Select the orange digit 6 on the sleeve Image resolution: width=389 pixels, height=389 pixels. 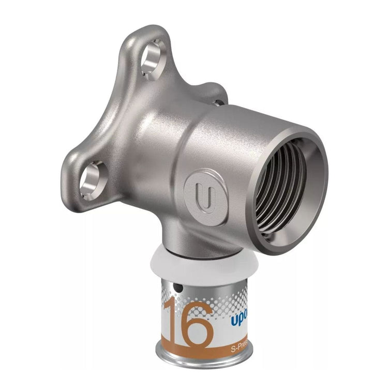pyautogui.click(x=198, y=324)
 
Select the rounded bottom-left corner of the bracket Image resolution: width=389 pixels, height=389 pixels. pyautogui.click(x=72, y=199)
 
